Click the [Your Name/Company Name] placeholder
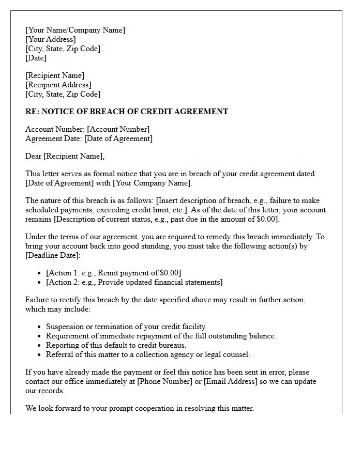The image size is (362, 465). pyautogui.click(x=75, y=30)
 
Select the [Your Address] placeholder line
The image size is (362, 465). pyautogui.click(x=50, y=39)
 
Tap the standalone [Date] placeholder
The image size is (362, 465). pyautogui.click(x=36, y=58)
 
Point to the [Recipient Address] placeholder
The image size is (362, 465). pyautogui.click(x=58, y=85)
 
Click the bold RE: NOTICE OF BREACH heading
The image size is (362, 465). pyautogui.click(x=127, y=112)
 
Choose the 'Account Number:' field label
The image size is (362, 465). pyautogui.click(x=55, y=129)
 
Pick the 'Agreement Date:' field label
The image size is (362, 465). pyautogui.click(x=54, y=138)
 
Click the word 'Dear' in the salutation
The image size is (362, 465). pyautogui.click(x=34, y=156)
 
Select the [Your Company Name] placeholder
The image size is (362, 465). pyautogui.click(x=153, y=183)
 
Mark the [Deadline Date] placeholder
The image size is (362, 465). pyautogui.click(x=53, y=255)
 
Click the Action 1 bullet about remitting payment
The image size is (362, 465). pyautogui.click(x=114, y=273)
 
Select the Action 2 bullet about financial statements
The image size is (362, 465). pyautogui.click(x=134, y=282)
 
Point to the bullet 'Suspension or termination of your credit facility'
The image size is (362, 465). pyautogui.click(x=126, y=327)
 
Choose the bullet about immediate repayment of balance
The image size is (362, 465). pyautogui.click(x=161, y=336)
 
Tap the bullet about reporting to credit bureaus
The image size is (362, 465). pyautogui.click(x=116, y=345)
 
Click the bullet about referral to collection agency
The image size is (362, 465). pyautogui.click(x=148, y=354)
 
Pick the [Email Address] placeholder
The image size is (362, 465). pyautogui.click(x=230, y=381)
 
